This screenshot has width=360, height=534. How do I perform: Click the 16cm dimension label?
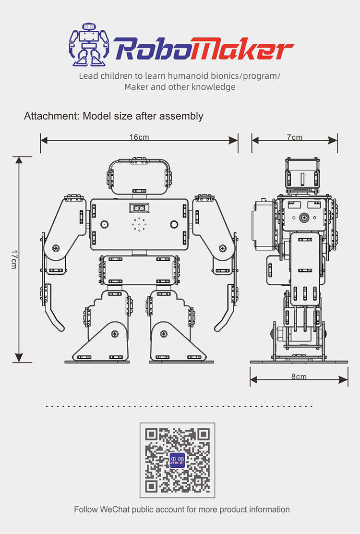click(x=139, y=137)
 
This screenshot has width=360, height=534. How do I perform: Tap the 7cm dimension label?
click(x=295, y=137)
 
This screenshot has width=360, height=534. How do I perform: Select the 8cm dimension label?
click(x=299, y=376)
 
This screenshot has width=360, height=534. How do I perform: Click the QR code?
click(x=177, y=460)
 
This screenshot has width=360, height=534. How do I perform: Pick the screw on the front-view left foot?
click(x=115, y=333)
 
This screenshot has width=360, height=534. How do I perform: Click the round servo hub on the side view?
click(x=304, y=218)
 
